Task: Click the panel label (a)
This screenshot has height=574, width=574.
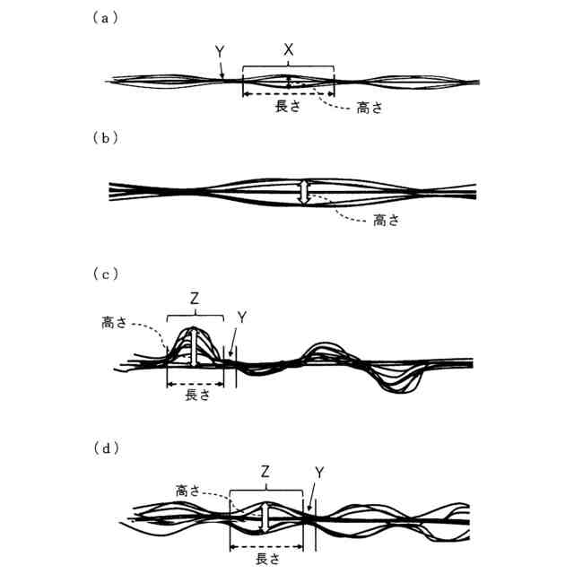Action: coord(105,18)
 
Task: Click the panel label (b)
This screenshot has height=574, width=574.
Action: coord(105,138)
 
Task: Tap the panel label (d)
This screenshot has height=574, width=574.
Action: coord(105,446)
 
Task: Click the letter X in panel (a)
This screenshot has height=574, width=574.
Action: coord(288,52)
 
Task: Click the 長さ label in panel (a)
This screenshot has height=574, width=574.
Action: coord(287,105)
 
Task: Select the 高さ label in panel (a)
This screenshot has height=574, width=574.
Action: coord(370,109)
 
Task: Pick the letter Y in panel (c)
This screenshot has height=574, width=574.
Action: coord(239,317)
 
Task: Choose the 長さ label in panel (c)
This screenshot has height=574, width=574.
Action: coord(196,395)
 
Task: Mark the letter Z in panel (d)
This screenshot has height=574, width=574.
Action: coord(265,470)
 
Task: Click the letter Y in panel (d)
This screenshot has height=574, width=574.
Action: coord(320,471)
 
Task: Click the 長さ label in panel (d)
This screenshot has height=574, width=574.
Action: coord(267,558)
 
